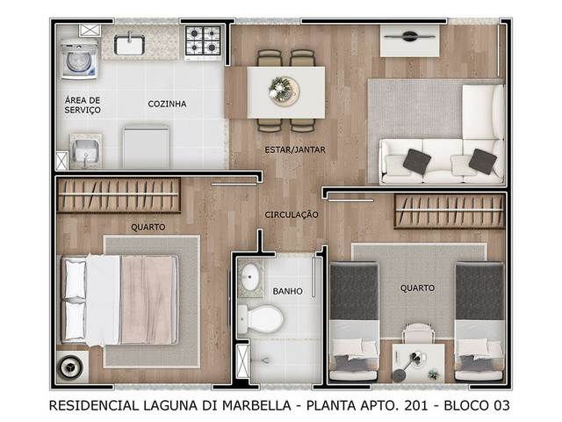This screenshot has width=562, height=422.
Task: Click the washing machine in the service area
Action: tap(79, 59)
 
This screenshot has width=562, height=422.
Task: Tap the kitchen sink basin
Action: tap(129, 45)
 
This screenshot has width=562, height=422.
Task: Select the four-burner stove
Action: tap(203, 42)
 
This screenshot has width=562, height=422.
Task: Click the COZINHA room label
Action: tap(167, 104)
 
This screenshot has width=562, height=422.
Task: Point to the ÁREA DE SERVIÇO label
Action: tap(83, 105)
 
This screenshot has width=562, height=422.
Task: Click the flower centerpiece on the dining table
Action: tap(285, 91)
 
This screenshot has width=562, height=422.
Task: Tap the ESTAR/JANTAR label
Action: tap(295, 150)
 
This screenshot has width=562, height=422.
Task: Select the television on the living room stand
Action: tap(410, 36)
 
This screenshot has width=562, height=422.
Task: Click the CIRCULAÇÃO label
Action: tap(292, 215)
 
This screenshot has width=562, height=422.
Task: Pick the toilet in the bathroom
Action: tap(261, 319)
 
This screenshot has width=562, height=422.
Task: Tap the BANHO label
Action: tap(287, 291)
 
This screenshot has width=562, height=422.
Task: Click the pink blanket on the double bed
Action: tap(147, 300)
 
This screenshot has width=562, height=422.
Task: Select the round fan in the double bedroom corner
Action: tap(71, 367)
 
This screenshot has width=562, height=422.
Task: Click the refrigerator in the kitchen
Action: tap(146, 147)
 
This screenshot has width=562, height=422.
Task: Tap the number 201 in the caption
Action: tap(416, 405)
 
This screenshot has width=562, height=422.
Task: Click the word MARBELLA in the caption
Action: tap(256, 405)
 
